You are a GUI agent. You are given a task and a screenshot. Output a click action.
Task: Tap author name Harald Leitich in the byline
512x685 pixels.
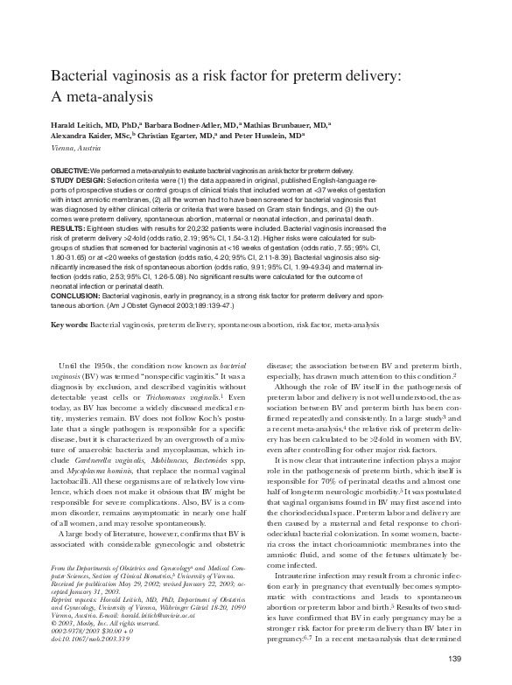(77, 125)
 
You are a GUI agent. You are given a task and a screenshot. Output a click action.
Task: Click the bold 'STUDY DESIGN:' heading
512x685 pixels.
(81, 178)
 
